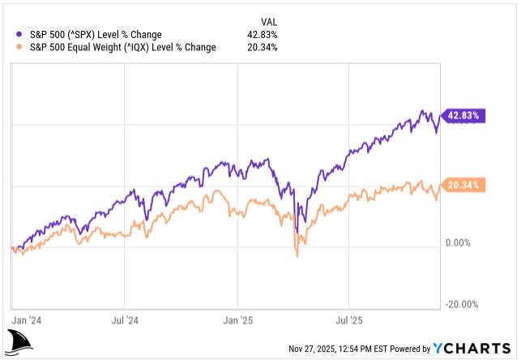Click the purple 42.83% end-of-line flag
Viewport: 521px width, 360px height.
pos(464,116)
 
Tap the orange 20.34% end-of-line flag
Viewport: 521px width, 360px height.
pos(464,185)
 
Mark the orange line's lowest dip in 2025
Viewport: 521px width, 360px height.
pos(297,256)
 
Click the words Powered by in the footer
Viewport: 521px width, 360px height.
pos(410,349)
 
